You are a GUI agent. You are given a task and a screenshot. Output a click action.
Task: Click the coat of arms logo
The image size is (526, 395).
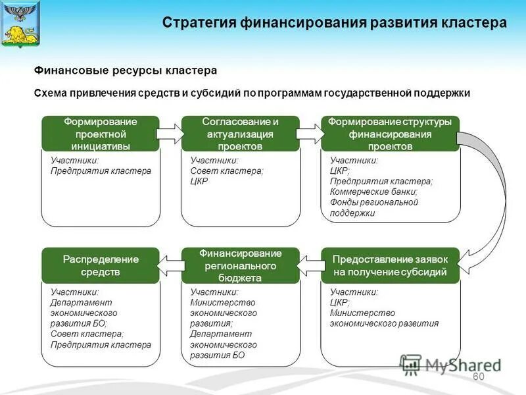coord(20,23)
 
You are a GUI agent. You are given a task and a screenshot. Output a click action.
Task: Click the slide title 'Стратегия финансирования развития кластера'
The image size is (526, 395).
coord(334,23)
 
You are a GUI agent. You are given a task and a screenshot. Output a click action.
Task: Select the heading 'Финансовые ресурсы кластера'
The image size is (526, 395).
coord(125,70)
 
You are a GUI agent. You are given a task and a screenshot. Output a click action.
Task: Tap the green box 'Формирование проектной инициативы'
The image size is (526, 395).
coord(101,134)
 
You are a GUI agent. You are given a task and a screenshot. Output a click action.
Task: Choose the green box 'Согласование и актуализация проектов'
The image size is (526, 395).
coord(240,134)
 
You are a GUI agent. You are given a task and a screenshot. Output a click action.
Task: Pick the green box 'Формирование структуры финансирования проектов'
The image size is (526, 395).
coord(390,134)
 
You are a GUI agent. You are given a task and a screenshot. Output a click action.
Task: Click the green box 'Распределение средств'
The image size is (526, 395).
coord(101,265)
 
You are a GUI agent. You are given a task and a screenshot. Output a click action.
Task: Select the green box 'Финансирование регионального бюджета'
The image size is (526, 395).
coord(240,265)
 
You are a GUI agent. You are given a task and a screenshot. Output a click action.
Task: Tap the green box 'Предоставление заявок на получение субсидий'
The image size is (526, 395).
coord(390,265)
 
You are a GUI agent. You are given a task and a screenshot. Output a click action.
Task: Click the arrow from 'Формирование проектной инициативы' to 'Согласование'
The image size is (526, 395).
coord(170,134)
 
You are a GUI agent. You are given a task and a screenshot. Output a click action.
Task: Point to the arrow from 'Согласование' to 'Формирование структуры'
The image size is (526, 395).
coord(310,134)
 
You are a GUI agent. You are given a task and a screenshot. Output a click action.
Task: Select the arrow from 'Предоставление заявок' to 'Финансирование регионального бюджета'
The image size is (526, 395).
coord(310,265)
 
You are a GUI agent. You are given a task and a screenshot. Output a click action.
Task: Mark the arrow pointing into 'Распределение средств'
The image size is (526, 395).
coord(170,265)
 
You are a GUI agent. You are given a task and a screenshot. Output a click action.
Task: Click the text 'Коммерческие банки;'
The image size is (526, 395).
coord(373,192)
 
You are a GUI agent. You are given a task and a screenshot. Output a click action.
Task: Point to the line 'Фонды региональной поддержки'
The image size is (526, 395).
coord(373,207)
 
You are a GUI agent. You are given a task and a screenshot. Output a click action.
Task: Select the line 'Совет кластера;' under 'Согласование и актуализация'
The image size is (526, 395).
coord(226,171)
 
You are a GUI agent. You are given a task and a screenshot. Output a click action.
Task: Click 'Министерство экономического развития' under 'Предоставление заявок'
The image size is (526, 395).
coord(384,318)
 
